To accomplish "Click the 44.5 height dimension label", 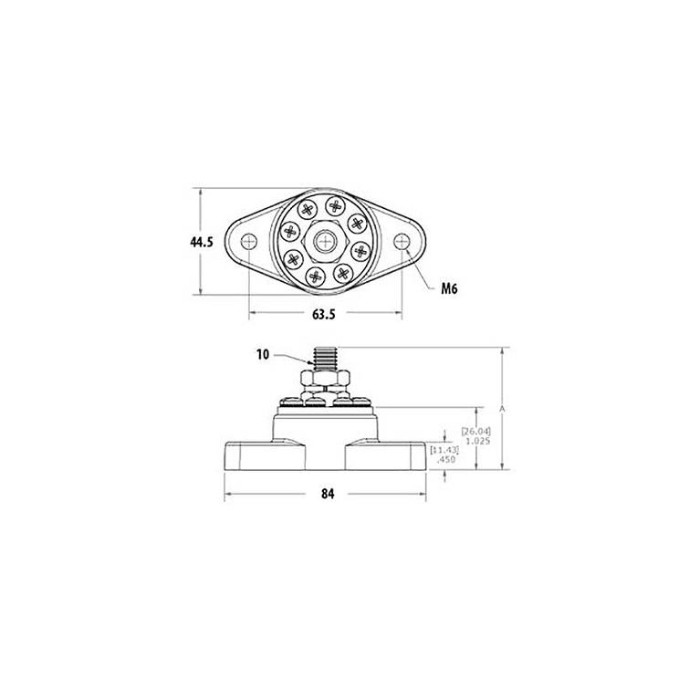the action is [x=202, y=242].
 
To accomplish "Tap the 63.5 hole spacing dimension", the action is [x=324, y=314].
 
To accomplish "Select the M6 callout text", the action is [x=450, y=288].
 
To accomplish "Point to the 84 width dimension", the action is [x=328, y=494].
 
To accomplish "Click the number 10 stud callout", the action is [x=262, y=355].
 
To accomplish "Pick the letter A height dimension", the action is [x=503, y=409].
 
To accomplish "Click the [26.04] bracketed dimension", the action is [x=476, y=432].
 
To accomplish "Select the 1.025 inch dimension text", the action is [x=477, y=441].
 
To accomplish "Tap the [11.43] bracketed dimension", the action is [x=444, y=450].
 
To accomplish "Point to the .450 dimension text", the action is [x=446, y=460].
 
